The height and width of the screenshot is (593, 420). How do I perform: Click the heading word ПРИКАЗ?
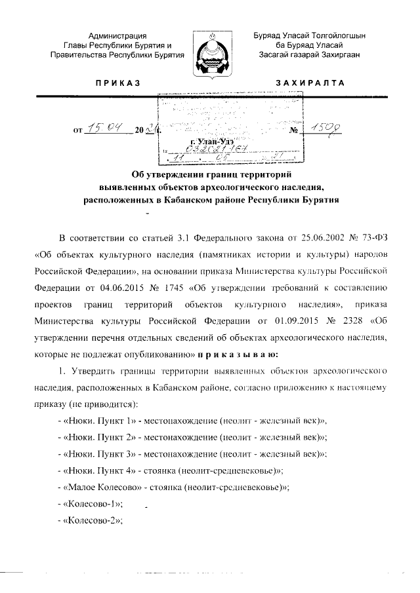click(x=118, y=83)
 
